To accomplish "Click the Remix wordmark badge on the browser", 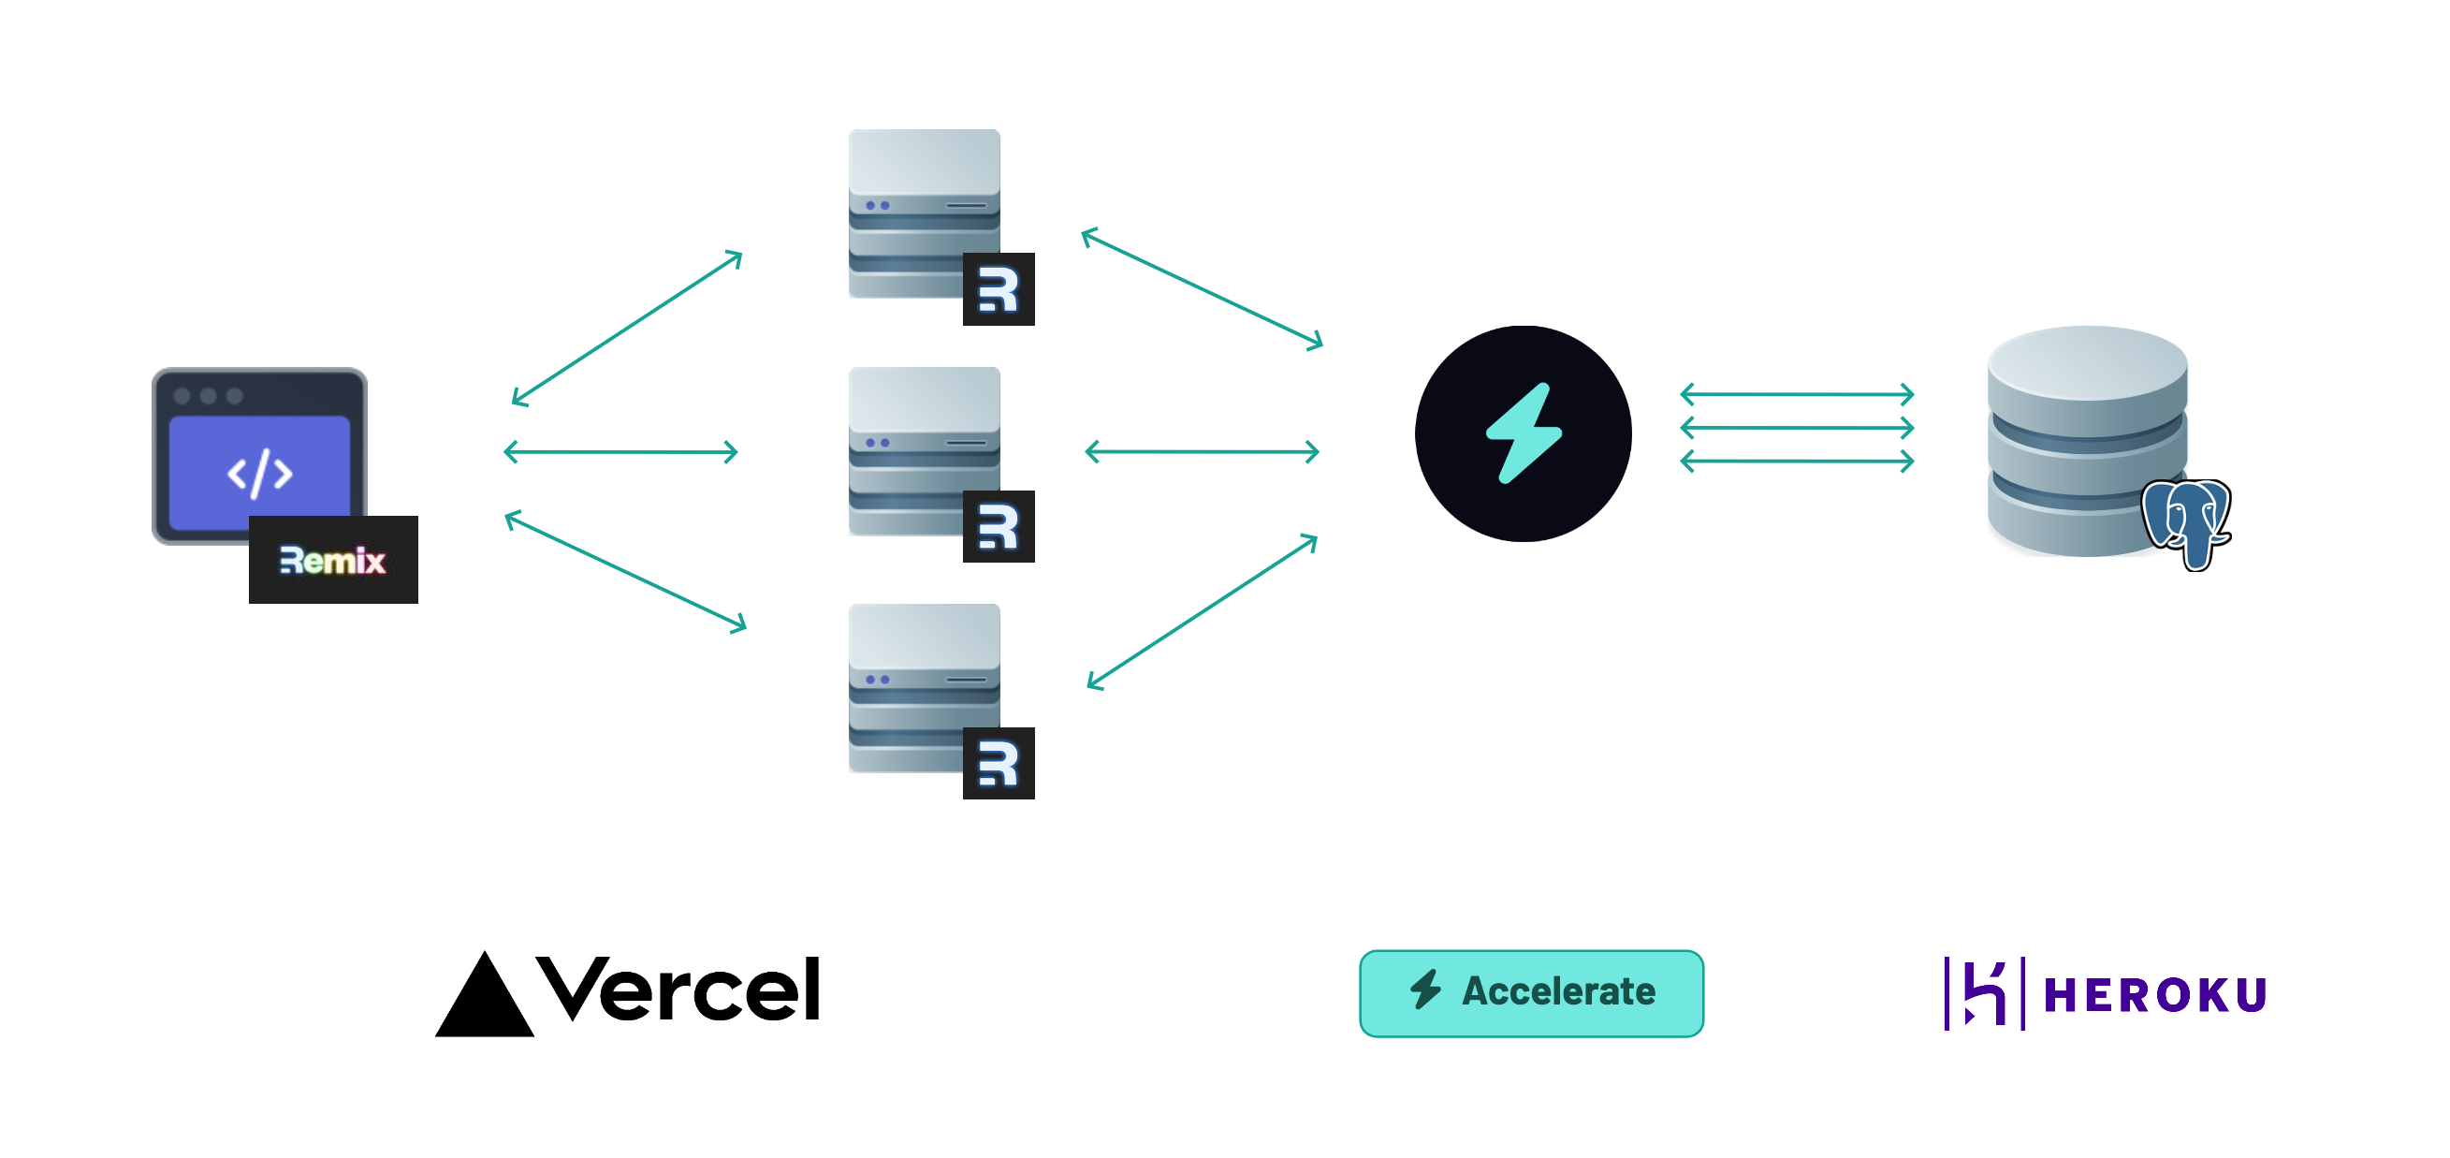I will click(x=333, y=560).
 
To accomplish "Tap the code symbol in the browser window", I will click(x=259, y=473).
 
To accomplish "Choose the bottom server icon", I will click(x=924, y=686).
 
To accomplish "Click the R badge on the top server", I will click(x=998, y=289).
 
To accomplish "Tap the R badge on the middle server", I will click(x=998, y=526).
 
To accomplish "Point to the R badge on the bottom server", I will click(x=998, y=763).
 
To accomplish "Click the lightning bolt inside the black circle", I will click(x=1524, y=433).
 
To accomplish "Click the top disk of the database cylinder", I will click(x=2087, y=363).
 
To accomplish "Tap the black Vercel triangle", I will click(x=484, y=998).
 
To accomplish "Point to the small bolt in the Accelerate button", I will click(x=1424, y=989).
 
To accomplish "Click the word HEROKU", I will click(x=2154, y=995).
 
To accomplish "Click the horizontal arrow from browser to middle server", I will click(x=620, y=451).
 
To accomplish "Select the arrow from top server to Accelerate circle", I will click(x=1202, y=288).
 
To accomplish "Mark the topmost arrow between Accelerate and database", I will click(x=1796, y=393).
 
